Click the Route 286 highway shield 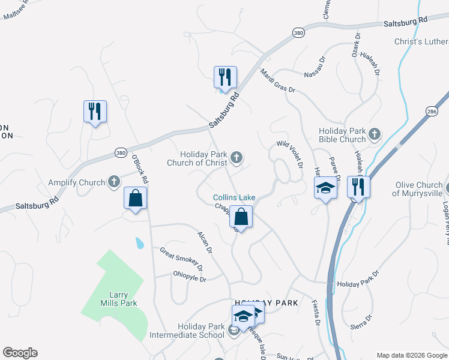coord(432,112)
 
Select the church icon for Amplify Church coord(114,182)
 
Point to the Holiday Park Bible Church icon coord(375,134)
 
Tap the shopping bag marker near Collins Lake coord(241,217)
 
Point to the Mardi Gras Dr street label coord(278,81)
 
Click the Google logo coord(20,353)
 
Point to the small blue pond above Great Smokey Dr coord(139,243)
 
